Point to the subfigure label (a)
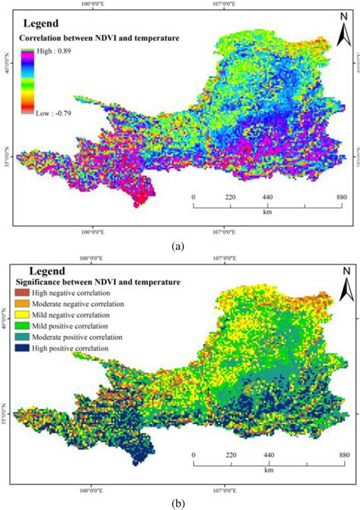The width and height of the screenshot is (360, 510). click(x=178, y=245)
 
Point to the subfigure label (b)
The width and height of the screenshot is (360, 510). click(x=178, y=503)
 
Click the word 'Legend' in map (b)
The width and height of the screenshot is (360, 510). click(x=51, y=271)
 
